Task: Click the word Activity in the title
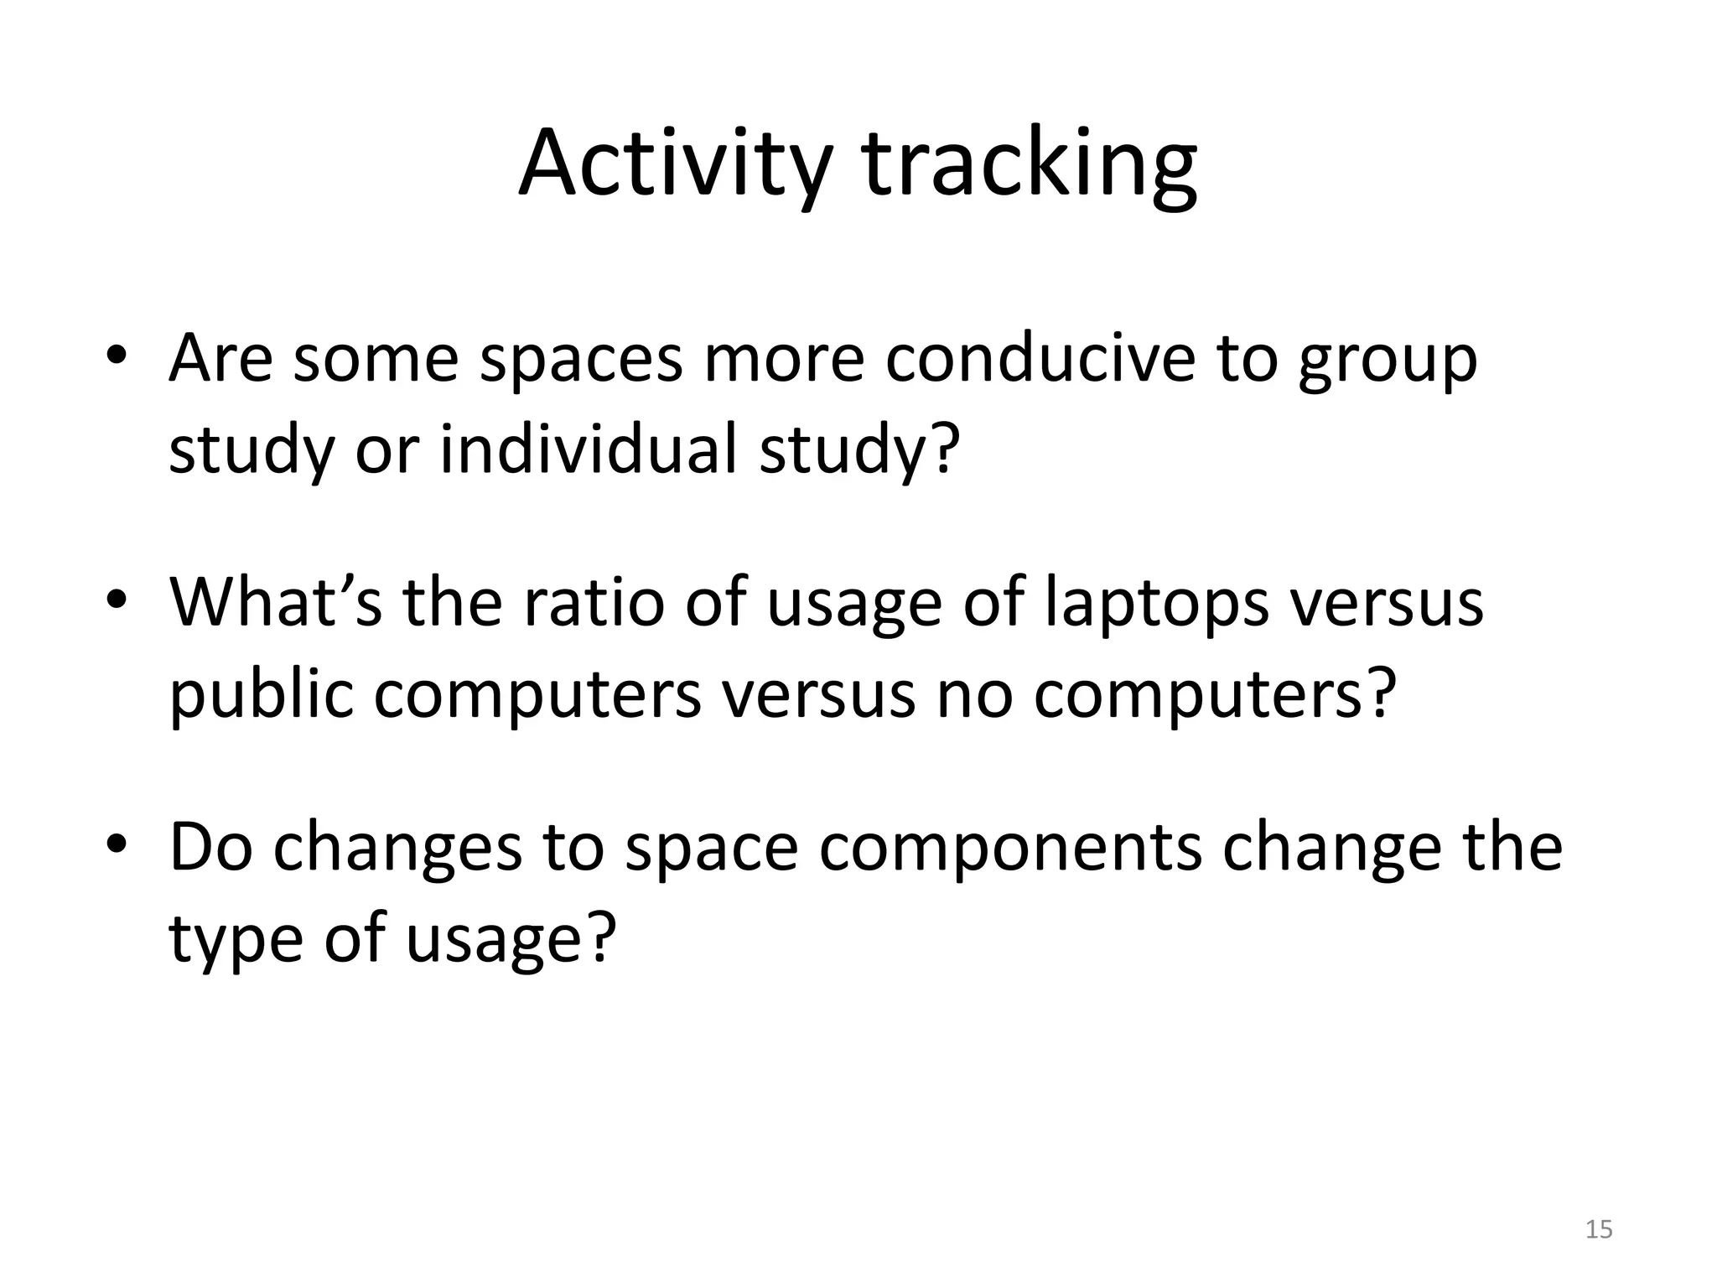click(x=675, y=164)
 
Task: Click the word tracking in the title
click(x=1030, y=164)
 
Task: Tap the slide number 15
click(x=1599, y=1229)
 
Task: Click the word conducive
click(x=1040, y=359)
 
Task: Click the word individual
click(x=589, y=449)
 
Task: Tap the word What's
click(x=276, y=602)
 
